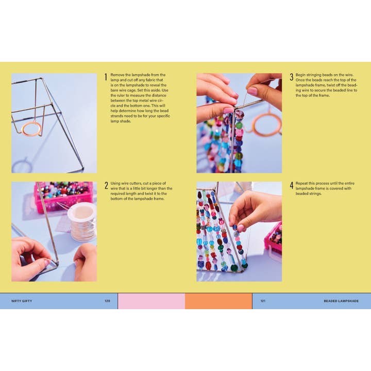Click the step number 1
pos(106,77)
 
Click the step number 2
pos(106,186)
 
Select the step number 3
pos(291,77)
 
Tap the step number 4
pos(291,186)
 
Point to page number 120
pos(107,301)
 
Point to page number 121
pos(263,301)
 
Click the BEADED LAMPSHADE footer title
pos(341,301)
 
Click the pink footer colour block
pos(151,301)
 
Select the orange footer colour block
pos(218,301)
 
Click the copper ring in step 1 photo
pos(32,128)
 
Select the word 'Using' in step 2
pos(116,183)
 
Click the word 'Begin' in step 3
pos(301,75)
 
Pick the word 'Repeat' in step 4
pos(302,183)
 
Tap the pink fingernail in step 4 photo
pos(241,227)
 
